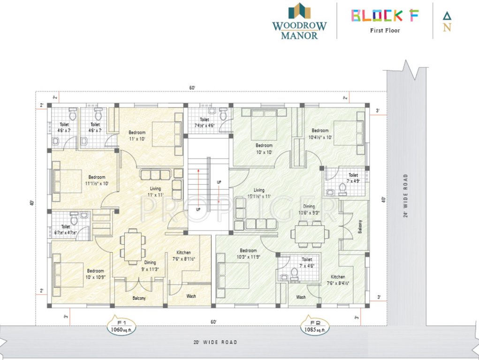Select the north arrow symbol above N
(x=447, y=15)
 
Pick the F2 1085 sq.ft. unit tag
(x=315, y=326)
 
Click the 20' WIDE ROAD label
(x=215, y=342)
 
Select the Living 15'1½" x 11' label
(x=259, y=193)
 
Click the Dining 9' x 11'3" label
(x=150, y=266)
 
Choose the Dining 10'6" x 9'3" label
(x=309, y=210)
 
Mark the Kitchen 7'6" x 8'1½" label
(x=183, y=255)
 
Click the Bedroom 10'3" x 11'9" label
(x=248, y=254)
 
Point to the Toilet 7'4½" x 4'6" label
(x=204, y=122)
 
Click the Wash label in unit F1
(x=191, y=296)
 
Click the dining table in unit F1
(x=132, y=245)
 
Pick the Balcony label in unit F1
(x=138, y=298)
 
